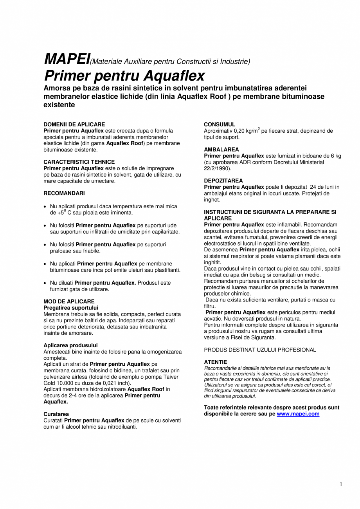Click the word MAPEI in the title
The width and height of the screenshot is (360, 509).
tap(67, 59)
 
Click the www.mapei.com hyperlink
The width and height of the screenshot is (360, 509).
tap(298, 414)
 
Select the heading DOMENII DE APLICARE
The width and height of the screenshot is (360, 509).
tap(74, 125)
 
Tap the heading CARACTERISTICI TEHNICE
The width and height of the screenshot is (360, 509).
tap(79, 162)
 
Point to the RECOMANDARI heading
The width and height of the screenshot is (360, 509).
tap(64, 193)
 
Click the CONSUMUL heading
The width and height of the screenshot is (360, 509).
tap(220, 125)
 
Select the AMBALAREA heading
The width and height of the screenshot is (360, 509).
tap(221, 150)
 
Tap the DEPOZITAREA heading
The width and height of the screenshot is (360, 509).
tap(223, 181)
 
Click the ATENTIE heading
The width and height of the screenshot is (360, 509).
tap(215, 362)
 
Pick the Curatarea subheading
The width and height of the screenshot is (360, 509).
tap(56, 414)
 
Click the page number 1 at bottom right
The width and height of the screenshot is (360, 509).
tap(341, 485)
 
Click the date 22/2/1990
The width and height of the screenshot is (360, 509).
tap(217, 168)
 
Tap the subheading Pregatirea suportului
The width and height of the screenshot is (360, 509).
tap(71, 308)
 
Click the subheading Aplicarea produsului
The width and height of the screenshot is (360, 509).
tap(70, 345)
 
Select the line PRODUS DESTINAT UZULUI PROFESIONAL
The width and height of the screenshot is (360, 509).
tap(260, 350)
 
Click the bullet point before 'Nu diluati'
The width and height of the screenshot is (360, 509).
tap(45, 283)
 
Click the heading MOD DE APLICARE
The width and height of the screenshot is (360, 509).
tap(69, 301)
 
